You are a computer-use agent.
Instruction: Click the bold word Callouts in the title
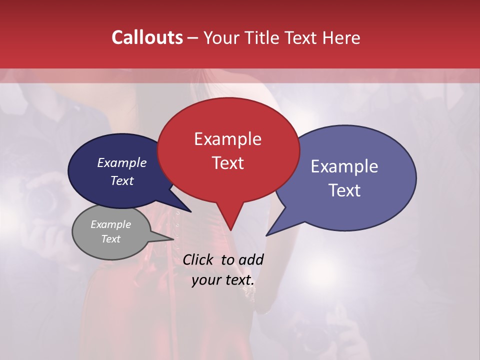(x=147, y=37)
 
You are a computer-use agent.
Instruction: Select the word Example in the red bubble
(x=227, y=139)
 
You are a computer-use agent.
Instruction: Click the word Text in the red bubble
(x=227, y=163)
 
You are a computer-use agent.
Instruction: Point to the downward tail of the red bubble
(x=230, y=222)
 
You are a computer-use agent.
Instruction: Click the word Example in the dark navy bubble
(x=121, y=162)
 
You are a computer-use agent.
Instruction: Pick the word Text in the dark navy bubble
(x=121, y=180)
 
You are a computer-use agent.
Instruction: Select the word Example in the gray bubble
(x=110, y=224)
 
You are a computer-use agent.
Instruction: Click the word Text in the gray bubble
(x=110, y=239)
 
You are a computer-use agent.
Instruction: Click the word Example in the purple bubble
(x=344, y=166)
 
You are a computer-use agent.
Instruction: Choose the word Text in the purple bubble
(x=344, y=190)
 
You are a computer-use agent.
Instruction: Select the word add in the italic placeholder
(x=251, y=259)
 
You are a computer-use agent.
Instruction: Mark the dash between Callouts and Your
(x=193, y=38)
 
